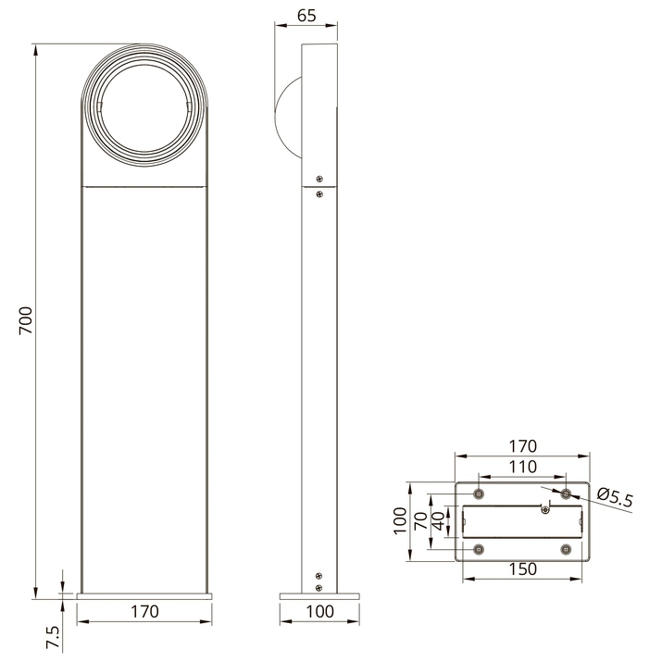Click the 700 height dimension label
coord(26,321)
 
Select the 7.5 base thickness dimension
coord(53,637)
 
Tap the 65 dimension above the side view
coord(306,16)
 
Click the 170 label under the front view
coord(144,611)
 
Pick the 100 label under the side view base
coord(319,611)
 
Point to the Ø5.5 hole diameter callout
coord(615,497)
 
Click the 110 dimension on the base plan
coord(523,467)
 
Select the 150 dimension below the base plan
coord(523,569)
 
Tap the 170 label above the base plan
coord(523,446)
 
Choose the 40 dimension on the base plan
coord(439,520)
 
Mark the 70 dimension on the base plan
coord(421,521)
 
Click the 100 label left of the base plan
coord(400,521)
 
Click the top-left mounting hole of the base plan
coord(479,493)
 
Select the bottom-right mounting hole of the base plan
coord(566,549)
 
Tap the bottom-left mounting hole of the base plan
coord(479,549)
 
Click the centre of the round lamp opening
coord(144,110)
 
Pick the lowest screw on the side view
coord(319,587)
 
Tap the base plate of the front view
coord(144,596)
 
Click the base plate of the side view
coord(319,596)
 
